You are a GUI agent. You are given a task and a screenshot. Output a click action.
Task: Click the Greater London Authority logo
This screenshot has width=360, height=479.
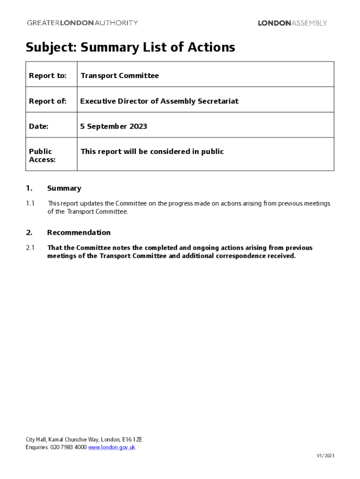point(82,22)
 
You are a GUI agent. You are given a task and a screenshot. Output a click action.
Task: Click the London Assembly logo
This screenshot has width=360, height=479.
point(292,23)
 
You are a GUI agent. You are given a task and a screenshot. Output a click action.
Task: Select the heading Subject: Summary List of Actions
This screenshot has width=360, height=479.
point(130,47)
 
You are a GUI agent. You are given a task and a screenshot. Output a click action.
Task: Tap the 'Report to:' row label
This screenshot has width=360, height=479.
point(48,76)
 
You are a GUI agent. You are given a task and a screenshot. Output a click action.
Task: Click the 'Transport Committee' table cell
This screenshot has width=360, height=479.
point(120,76)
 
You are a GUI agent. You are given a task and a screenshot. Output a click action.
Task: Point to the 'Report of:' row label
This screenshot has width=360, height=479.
point(48,101)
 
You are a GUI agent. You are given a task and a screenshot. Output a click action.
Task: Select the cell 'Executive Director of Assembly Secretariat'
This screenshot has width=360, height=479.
point(159,101)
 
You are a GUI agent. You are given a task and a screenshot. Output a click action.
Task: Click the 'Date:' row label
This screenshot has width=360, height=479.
point(39,126)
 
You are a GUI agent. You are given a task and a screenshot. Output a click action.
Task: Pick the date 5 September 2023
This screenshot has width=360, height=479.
point(114,126)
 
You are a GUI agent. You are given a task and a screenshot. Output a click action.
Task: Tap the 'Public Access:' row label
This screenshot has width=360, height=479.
point(42,155)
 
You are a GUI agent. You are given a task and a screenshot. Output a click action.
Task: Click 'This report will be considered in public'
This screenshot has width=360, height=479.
point(152,152)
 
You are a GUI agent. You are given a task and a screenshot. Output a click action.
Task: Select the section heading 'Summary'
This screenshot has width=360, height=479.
point(64,189)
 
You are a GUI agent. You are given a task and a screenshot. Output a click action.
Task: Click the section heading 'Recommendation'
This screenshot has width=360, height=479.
point(79,232)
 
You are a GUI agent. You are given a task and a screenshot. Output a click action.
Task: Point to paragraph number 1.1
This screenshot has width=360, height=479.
point(30,203)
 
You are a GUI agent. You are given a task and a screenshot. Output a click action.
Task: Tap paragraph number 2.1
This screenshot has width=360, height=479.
point(30,248)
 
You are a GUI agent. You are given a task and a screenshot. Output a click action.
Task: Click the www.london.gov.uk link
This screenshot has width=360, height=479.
point(112,447)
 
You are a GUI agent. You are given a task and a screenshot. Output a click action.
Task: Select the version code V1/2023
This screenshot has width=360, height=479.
point(325,456)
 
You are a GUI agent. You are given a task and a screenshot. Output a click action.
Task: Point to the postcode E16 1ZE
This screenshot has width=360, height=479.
point(132,440)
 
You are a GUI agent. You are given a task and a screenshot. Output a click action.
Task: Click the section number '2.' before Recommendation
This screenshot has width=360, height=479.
point(29,232)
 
